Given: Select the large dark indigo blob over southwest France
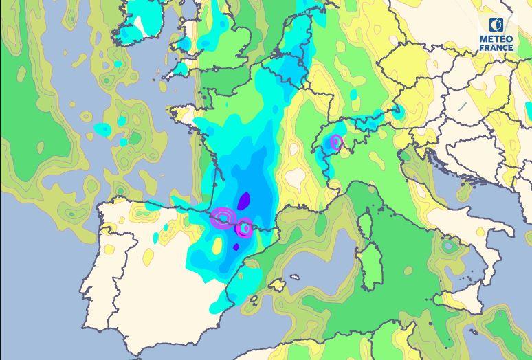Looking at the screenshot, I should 244,201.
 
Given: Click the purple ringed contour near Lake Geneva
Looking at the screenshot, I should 336,143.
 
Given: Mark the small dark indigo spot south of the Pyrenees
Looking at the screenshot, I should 236,247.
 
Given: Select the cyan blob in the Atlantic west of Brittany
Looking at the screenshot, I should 102,128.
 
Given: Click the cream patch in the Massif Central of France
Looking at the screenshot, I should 295,177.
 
